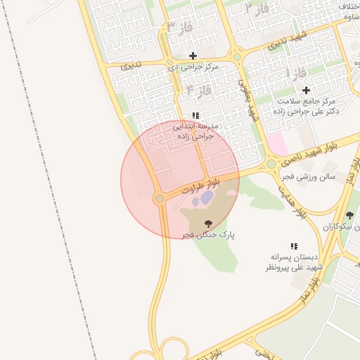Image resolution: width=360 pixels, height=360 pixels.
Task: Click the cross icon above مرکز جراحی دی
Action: point(193,56)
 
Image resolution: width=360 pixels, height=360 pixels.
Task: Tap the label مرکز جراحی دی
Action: point(193,67)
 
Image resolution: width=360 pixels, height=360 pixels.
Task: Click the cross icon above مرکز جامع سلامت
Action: point(306,90)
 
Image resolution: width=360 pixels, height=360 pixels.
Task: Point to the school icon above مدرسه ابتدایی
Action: point(195,115)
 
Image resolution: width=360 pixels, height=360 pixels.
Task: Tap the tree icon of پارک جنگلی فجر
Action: point(207,224)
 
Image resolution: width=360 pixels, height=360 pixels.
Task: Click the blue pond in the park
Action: point(202,200)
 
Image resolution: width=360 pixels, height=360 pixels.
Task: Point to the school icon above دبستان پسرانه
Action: point(294,246)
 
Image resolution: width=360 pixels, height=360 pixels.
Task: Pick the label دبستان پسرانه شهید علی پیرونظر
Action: point(294,262)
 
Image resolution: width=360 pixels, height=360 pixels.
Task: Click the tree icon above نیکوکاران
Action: point(349,215)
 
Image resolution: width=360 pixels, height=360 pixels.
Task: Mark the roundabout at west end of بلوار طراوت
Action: point(160,199)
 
